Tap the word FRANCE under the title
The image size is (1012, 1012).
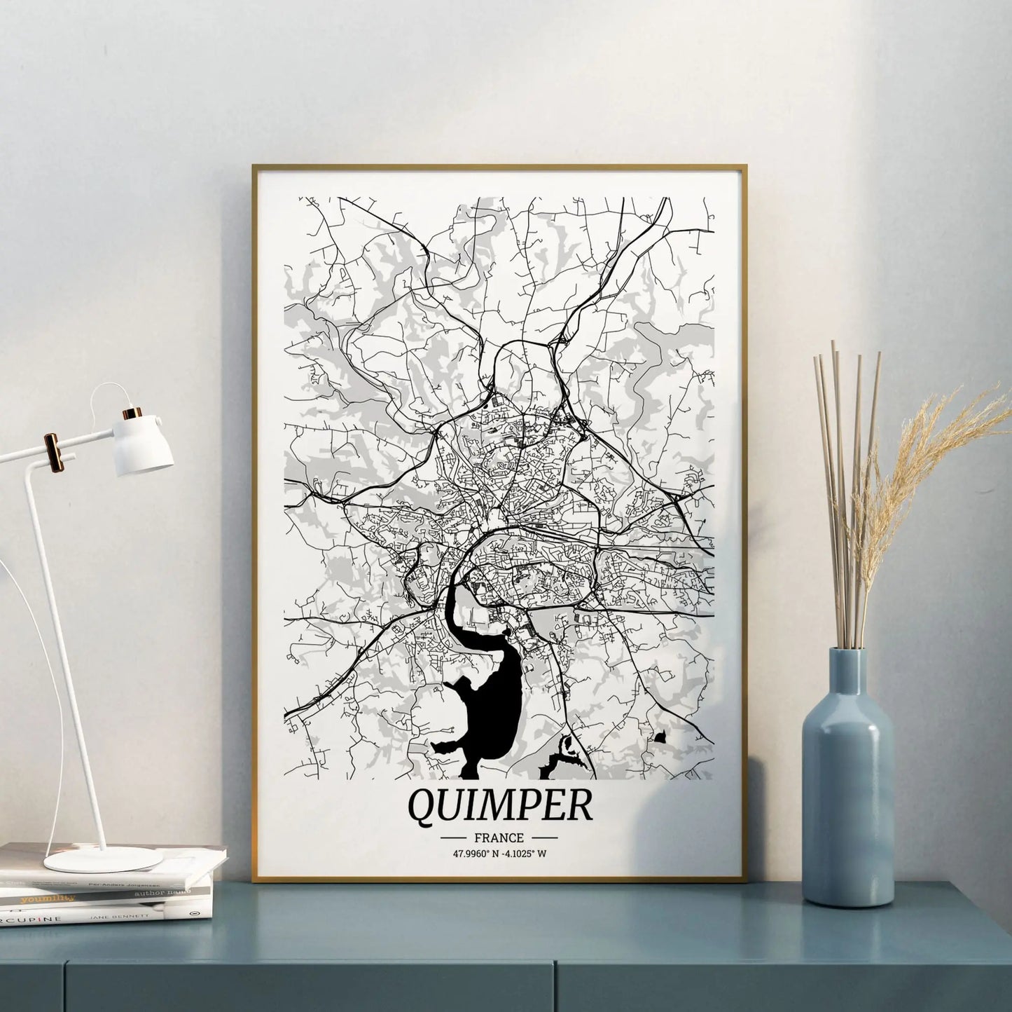click(499, 837)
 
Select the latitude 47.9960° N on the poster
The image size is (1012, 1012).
click(477, 854)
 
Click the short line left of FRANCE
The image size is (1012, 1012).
click(455, 837)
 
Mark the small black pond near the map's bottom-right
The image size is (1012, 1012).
click(660, 736)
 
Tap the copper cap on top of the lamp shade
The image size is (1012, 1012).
click(132, 413)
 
